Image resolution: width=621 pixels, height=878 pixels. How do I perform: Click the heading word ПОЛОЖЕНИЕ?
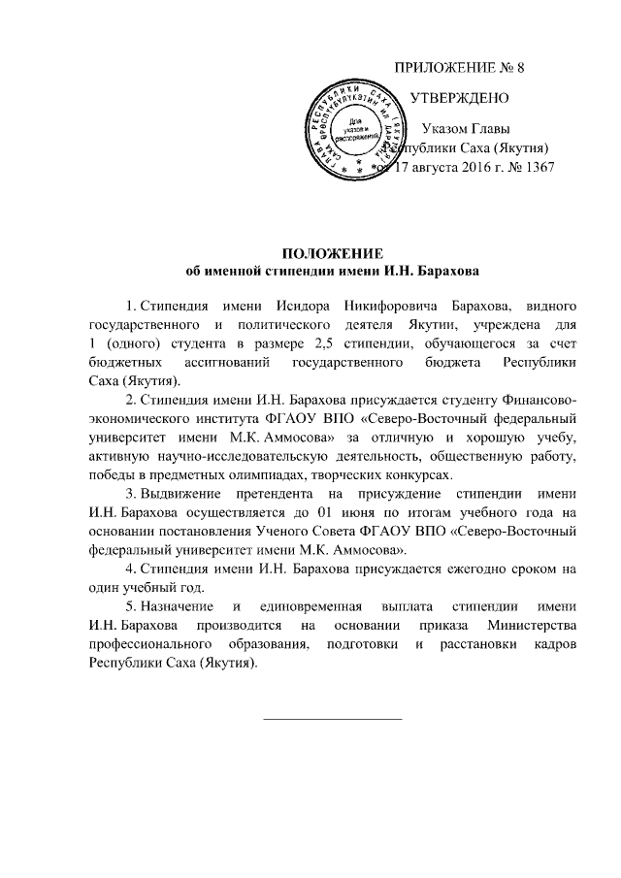(x=333, y=252)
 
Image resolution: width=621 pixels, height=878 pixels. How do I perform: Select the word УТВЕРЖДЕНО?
(x=459, y=99)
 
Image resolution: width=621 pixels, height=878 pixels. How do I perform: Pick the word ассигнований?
(x=233, y=362)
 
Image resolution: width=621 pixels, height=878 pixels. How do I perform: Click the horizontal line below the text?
(x=333, y=719)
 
